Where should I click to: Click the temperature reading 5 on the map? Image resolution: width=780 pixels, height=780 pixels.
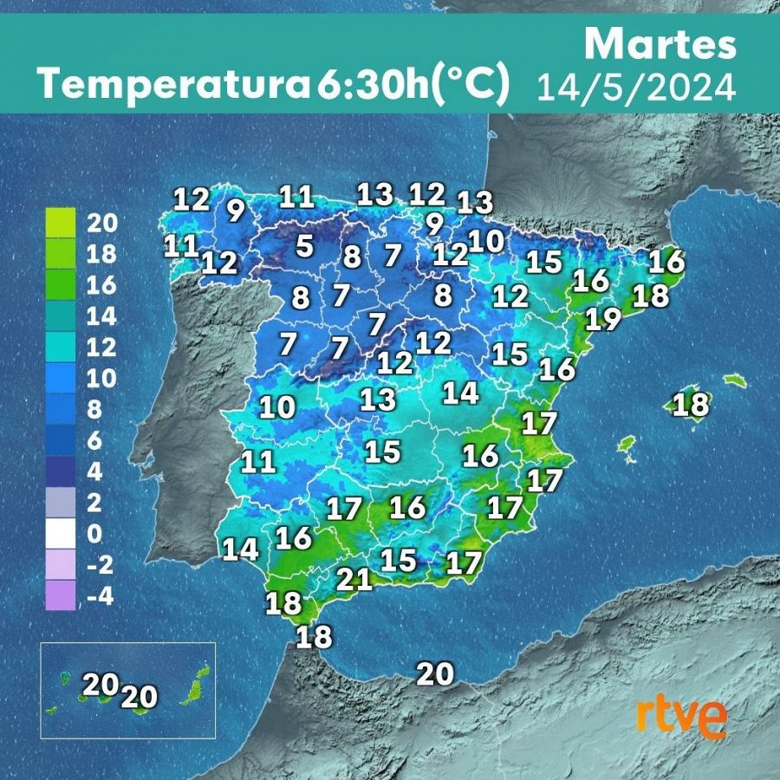(x=304, y=246)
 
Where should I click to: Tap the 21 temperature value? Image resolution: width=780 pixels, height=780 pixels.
(x=354, y=578)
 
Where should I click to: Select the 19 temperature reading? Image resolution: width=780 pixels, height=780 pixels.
(x=603, y=320)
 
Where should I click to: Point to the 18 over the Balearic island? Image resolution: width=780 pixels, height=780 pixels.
(x=692, y=405)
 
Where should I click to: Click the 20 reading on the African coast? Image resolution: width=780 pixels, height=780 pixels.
(x=435, y=673)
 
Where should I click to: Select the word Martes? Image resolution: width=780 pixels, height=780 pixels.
(x=660, y=44)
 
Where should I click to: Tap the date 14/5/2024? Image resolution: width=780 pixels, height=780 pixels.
(x=636, y=88)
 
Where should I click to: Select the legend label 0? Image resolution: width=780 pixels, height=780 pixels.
(x=94, y=534)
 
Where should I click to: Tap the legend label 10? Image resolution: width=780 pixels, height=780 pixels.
(x=102, y=379)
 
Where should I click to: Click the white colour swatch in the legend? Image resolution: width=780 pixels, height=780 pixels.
(x=61, y=534)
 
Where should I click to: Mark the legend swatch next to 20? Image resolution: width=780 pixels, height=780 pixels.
(x=61, y=224)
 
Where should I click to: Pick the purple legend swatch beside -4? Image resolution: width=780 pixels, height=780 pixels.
(x=61, y=596)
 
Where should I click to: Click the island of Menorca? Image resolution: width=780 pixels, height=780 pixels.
(x=734, y=380)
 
